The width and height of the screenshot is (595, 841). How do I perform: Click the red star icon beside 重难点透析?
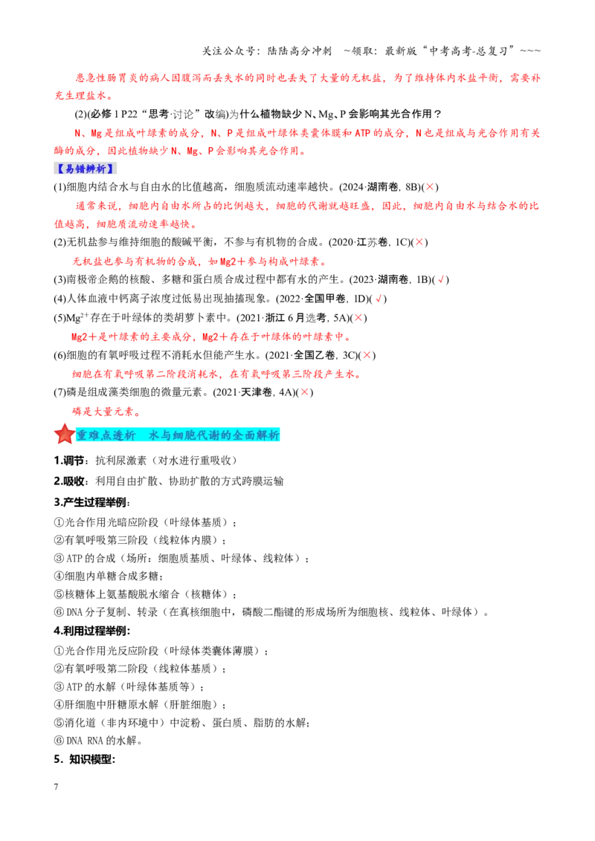[65, 434]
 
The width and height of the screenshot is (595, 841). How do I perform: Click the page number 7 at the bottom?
[56, 787]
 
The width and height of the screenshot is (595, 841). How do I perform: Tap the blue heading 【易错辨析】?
[85, 169]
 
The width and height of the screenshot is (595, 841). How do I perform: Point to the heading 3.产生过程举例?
[91, 502]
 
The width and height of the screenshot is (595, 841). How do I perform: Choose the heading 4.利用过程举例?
[91, 631]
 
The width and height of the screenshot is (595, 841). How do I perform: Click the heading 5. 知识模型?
[84, 759]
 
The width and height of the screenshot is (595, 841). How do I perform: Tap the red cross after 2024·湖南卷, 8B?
[430, 187]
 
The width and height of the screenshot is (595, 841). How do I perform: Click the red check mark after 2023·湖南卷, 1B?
[441, 279]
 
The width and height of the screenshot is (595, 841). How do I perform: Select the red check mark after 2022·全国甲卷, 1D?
[379, 299]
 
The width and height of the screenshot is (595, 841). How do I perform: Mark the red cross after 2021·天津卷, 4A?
[304, 392]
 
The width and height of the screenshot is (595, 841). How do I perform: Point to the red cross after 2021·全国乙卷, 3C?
[367, 355]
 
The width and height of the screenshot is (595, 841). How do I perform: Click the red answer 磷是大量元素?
[106, 412]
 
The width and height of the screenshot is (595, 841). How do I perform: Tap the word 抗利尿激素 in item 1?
[120, 461]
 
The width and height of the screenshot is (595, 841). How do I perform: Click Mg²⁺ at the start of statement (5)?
[77, 317]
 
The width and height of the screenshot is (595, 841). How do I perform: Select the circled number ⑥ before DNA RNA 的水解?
[59, 741]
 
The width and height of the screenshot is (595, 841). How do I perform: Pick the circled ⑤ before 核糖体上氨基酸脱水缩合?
[59, 594]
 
